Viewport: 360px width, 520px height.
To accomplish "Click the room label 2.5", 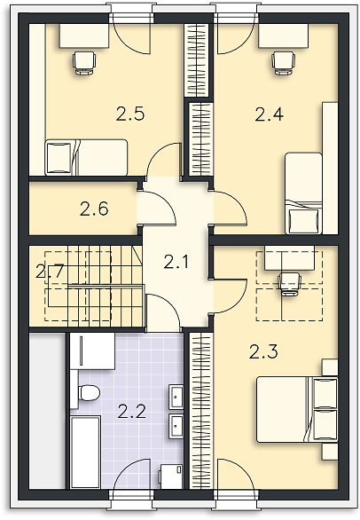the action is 130,114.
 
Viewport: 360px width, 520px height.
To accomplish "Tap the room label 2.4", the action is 270,114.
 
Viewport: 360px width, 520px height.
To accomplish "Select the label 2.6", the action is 94,209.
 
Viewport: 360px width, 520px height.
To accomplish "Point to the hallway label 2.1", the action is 176,263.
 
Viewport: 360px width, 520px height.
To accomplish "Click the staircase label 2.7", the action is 49,272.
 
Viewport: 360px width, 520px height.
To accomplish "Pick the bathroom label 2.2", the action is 131,412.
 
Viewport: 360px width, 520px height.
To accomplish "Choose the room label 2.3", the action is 263,352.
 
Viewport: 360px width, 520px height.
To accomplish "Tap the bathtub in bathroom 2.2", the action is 85,453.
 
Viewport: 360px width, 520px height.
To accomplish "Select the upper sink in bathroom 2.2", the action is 176,397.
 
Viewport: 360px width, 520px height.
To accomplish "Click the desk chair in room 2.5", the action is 84,63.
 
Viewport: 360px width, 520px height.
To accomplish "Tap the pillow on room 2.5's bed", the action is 59,158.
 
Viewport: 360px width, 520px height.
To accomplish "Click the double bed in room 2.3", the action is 297,410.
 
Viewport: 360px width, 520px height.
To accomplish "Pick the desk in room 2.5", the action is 84,35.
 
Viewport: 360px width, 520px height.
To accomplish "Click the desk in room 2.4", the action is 284,35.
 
